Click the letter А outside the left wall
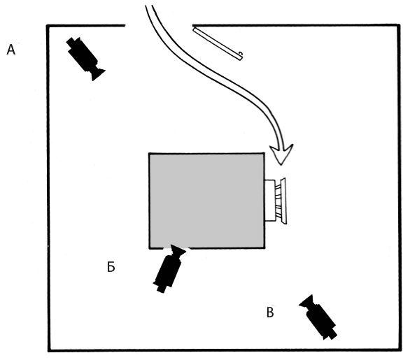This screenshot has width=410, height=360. tap(10, 50)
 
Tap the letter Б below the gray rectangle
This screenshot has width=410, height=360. tap(111, 267)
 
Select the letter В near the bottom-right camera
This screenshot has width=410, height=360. tap(270, 312)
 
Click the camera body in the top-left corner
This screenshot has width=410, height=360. tap(83, 55)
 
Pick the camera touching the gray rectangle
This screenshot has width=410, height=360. tap(169, 268)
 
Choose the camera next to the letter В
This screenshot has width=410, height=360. tap(318, 317)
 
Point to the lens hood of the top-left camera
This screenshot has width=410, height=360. tap(98, 74)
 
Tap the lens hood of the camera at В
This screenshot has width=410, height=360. tap(306, 301)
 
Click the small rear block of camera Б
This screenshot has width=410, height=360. tap(161, 289)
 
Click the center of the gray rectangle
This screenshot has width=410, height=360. tap(206, 201)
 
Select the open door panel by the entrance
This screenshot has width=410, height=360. tap(218, 44)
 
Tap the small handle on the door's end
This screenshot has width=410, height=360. tap(241, 54)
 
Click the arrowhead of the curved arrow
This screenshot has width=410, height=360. tap(281, 154)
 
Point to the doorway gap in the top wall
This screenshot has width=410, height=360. tap(159, 25)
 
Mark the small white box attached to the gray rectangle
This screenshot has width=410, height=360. tap(269, 201)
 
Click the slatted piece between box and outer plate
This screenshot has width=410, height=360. tap(278, 201)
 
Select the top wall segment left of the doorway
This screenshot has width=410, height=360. tap(86, 26)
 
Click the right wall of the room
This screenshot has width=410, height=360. tap(400, 187)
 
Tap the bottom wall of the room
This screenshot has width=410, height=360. tap(225, 350)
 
